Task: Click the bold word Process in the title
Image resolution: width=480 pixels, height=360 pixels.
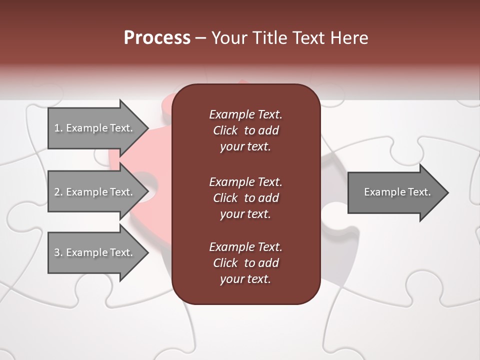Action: (x=157, y=38)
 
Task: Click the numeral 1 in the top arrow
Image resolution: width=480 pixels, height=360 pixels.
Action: (x=56, y=128)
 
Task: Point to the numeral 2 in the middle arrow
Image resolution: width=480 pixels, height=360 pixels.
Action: (x=57, y=192)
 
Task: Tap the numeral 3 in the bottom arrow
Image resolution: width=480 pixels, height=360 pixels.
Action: (x=57, y=252)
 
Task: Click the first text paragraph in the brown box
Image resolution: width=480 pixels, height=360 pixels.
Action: (x=245, y=130)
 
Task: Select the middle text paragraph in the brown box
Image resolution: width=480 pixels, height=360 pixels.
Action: (x=245, y=198)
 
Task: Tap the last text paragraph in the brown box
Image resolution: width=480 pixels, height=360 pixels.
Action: (x=245, y=263)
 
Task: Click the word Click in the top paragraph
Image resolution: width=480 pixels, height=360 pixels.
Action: (x=225, y=130)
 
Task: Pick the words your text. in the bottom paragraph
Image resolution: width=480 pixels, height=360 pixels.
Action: (x=245, y=279)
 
